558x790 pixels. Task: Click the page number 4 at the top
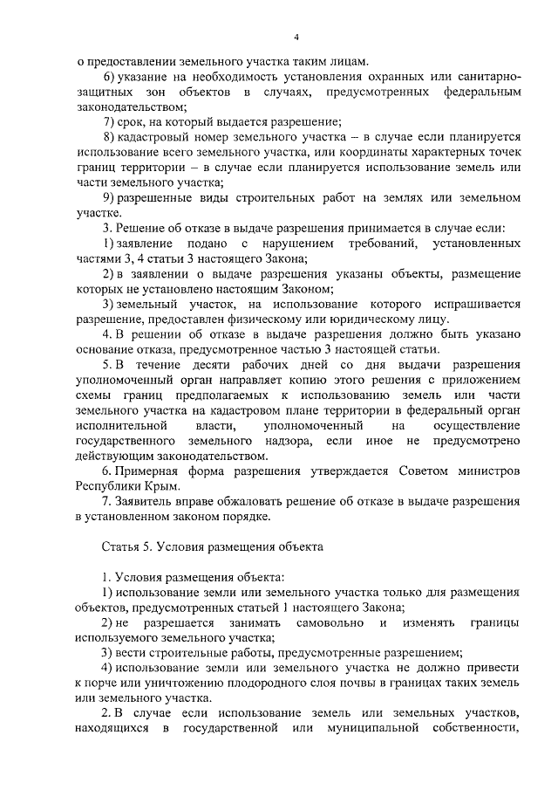[x=296, y=37]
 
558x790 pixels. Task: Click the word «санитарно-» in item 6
[x=482, y=77]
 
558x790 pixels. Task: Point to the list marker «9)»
[x=109, y=197]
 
